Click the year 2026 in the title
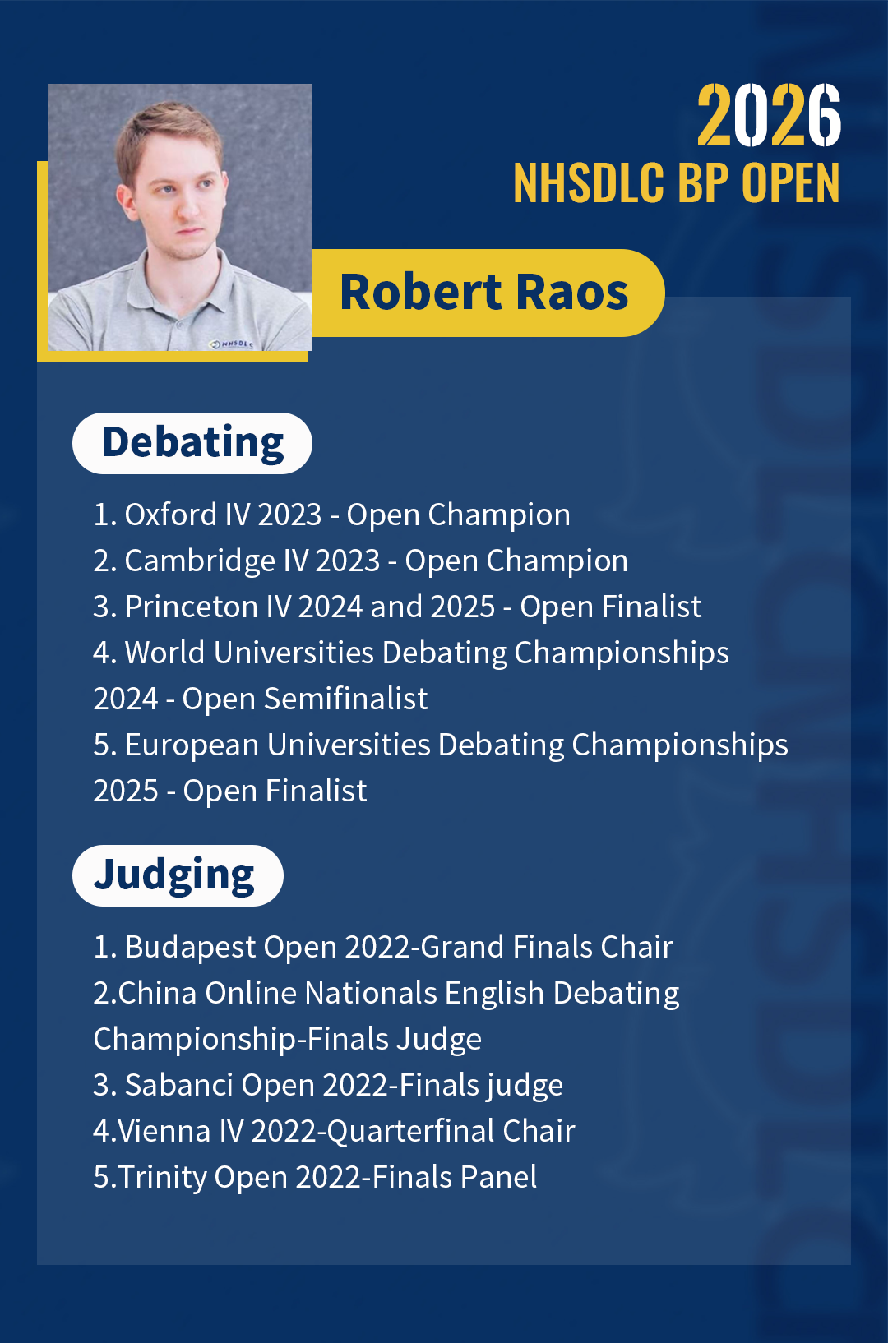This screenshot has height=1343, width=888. [x=769, y=114]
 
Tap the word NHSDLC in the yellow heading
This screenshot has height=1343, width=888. [x=589, y=182]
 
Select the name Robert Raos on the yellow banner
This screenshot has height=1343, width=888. [x=483, y=293]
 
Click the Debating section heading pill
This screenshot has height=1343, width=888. [x=192, y=443]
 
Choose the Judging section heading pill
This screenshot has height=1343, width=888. [x=178, y=875]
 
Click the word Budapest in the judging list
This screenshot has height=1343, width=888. [x=190, y=948]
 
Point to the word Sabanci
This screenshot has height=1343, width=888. [x=178, y=1085]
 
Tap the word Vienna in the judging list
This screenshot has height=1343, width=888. [x=164, y=1131]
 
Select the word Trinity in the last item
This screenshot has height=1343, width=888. [x=162, y=1178]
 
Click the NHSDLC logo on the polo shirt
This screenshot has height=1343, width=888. [x=231, y=344]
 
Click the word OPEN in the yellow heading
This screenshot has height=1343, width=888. [x=791, y=182]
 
